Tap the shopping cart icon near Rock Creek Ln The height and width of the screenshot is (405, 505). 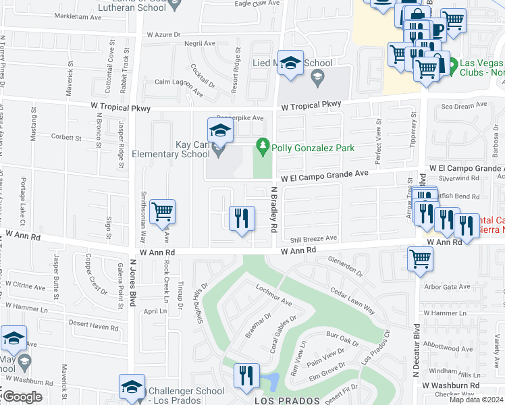coord(163,212)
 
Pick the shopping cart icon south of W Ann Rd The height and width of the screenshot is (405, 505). coord(421,258)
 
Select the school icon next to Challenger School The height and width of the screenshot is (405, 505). coord(132,387)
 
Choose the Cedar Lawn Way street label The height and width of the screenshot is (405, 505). coord(352,300)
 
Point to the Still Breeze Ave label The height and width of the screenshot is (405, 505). coord(313,238)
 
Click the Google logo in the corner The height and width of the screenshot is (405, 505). coord(22,397)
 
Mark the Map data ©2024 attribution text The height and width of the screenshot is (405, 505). coord(476,400)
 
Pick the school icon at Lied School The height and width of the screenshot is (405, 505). coord(291,63)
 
